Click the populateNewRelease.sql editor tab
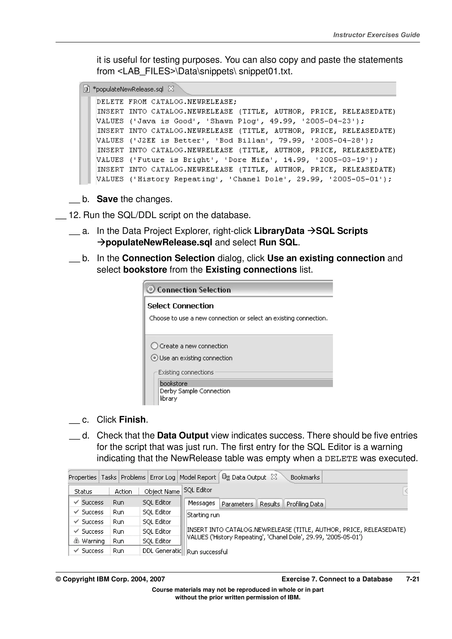coord(128,89)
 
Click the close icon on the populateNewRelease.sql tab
coord(171,89)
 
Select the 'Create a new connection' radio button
coord(154,346)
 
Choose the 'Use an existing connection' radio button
coord(154,358)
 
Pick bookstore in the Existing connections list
coord(174,383)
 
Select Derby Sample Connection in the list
coord(195,391)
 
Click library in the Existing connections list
coord(168,398)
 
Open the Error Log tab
coord(162,477)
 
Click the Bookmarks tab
coord(305,477)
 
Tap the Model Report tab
coord(198,477)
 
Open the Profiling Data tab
coord(305,504)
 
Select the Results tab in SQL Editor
coord(269,504)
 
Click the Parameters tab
coord(237,504)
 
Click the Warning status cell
coord(93,541)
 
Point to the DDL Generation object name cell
coord(162,551)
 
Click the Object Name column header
coord(162,491)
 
